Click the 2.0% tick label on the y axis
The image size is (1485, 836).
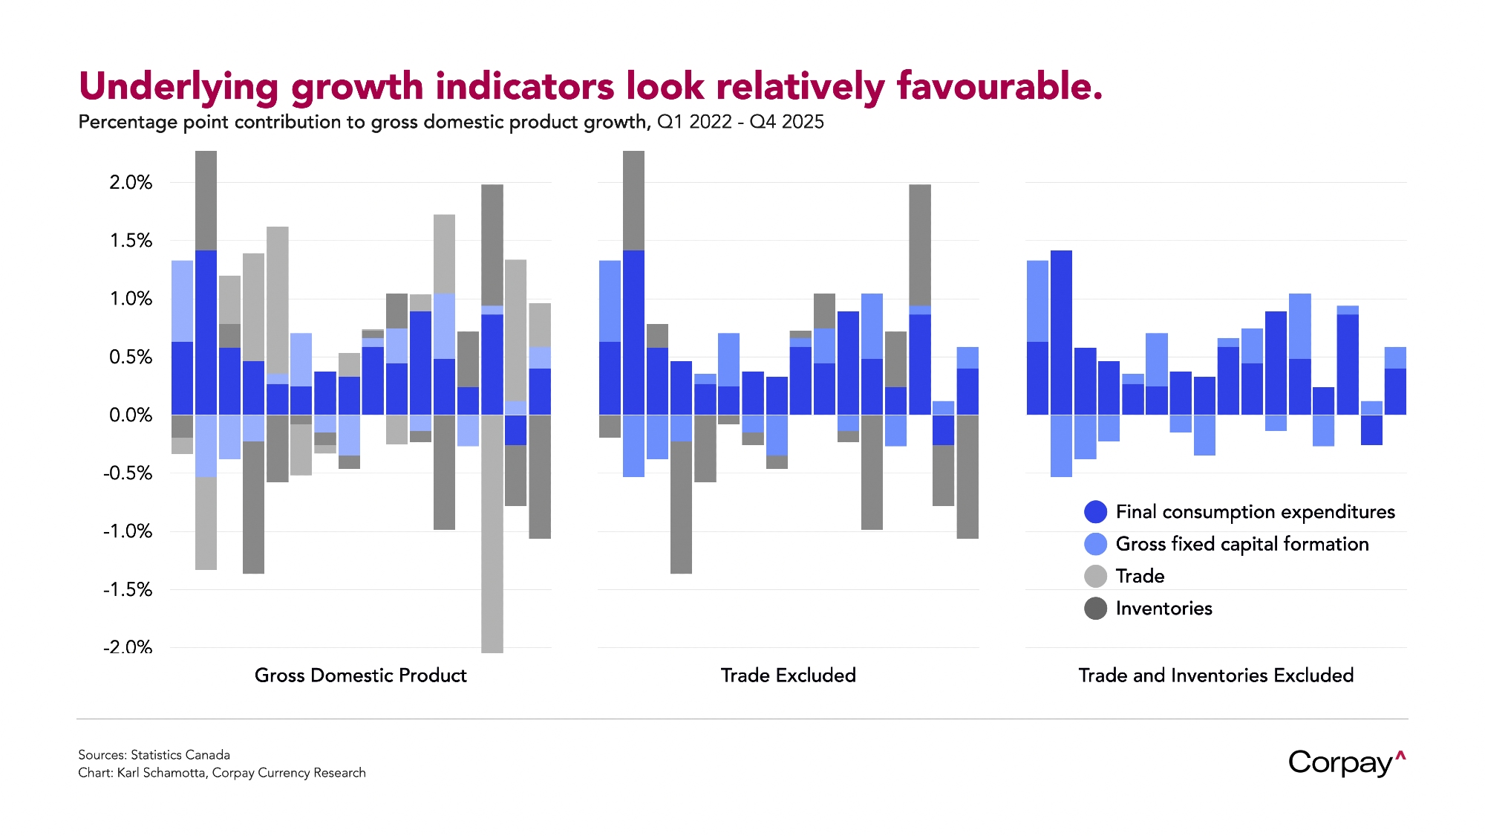[x=131, y=183]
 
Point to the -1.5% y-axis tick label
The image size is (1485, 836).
[x=128, y=590]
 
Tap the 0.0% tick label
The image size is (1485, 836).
[x=131, y=415]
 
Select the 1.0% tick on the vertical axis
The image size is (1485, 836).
[x=131, y=299]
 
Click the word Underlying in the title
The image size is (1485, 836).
[x=178, y=87]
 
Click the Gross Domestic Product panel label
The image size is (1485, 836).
[x=360, y=675]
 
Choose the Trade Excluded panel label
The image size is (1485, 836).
[x=788, y=675]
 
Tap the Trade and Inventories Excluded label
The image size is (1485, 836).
[x=1215, y=675]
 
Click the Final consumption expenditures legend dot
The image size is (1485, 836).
[x=1095, y=512]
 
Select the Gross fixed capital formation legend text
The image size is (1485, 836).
[x=1241, y=544]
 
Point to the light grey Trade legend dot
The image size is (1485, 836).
[x=1095, y=576]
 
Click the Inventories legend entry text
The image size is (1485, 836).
[x=1163, y=609]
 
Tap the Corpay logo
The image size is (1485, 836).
[x=1340, y=763]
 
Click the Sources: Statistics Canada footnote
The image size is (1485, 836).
[x=154, y=755]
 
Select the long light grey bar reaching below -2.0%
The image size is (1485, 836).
[x=492, y=535]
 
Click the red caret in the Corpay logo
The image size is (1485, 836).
[x=1400, y=756]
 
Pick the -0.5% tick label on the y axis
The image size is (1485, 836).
[x=128, y=473]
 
